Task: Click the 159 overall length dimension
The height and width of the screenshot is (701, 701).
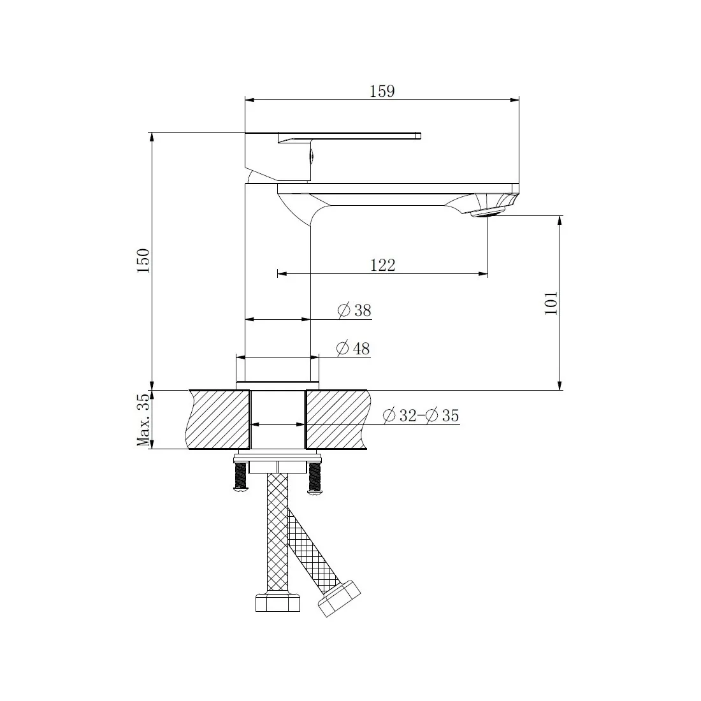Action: coord(382,91)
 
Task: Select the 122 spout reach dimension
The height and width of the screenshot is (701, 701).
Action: coord(383,265)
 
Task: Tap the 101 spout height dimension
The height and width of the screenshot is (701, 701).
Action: coord(551,303)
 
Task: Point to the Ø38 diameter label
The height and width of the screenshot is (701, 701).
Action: coord(354,310)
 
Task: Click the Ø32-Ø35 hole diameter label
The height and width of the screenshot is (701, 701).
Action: coord(421,416)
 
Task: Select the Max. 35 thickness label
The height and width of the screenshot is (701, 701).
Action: coord(143,420)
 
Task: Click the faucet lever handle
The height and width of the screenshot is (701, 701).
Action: coord(357,135)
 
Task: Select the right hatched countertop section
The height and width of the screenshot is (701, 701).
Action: coord(336,420)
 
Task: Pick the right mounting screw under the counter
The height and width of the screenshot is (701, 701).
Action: coord(315,478)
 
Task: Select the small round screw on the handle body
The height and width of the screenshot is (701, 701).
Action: coord(312,154)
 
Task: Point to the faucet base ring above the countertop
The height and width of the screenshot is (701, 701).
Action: coord(278,370)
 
